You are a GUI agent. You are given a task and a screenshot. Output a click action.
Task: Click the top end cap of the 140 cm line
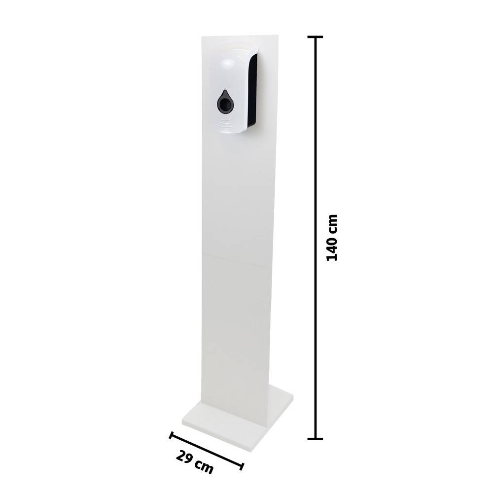pos(315,37)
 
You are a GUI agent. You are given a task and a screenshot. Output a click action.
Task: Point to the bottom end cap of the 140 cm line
pos(315,438)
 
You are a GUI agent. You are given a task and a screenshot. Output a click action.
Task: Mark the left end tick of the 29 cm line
pos(172,435)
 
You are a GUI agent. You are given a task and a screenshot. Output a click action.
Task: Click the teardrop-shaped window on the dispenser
pos(224,103)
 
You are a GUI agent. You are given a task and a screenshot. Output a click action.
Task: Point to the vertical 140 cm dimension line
pos(315,148)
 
